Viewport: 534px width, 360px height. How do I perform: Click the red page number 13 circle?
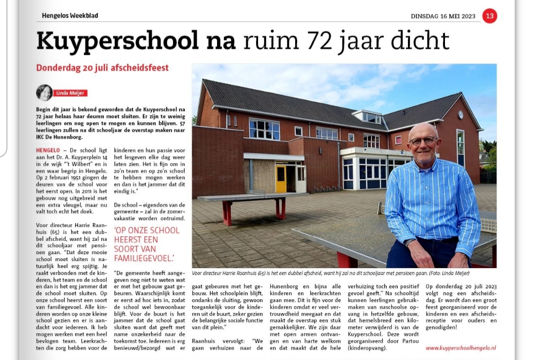tap(489, 16)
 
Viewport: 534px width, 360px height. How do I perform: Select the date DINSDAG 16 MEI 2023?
tap(443, 16)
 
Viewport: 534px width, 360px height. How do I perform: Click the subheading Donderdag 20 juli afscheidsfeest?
tap(102, 68)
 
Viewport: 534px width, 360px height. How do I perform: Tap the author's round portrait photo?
tap(44, 92)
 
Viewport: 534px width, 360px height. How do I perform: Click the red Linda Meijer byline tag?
tap(70, 93)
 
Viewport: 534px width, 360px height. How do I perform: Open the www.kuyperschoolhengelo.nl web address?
tap(460, 348)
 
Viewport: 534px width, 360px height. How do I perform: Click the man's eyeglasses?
tap(424, 140)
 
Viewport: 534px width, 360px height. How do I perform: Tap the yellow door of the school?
tap(281, 179)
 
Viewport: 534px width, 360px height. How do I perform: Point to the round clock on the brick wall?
tap(461, 115)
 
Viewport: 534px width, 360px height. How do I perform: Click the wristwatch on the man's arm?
tap(410, 242)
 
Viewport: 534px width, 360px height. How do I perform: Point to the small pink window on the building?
tap(398, 139)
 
